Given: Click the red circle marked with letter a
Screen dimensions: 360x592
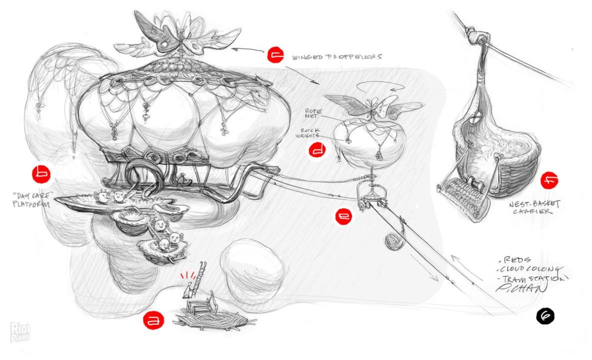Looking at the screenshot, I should click(150, 319).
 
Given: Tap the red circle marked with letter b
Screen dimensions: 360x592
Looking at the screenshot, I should click(41, 174).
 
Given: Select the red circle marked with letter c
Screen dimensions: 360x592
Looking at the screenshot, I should click(276, 55).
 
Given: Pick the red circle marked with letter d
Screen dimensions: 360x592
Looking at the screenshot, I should click(317, 150).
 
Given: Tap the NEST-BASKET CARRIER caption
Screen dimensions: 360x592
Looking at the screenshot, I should click(535, 207).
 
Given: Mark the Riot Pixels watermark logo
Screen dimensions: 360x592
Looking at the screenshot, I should click(20, 331).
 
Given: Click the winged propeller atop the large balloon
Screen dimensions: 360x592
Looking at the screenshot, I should click(177, 35).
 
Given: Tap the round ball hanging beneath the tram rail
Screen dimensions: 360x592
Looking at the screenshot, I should click(392, 242).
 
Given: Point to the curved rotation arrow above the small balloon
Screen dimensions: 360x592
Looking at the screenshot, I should click(381, 88).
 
